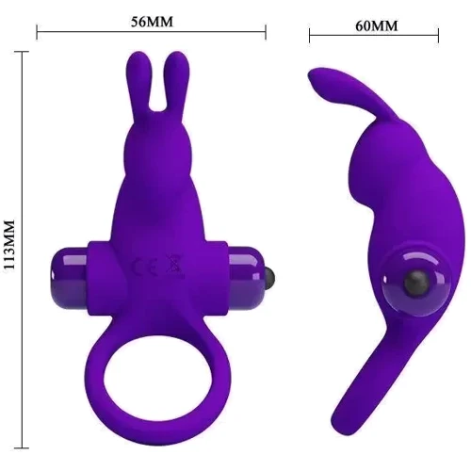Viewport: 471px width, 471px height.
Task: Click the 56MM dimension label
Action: click(x=150, y=21)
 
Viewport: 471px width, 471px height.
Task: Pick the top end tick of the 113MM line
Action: click(x=21, y=54)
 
